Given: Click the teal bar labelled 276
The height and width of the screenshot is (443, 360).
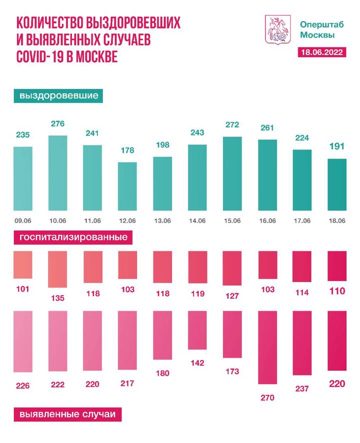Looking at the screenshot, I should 57,173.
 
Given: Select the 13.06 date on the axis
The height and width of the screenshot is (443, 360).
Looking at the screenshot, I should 162,220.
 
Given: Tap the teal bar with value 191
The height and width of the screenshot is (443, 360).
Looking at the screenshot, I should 336,185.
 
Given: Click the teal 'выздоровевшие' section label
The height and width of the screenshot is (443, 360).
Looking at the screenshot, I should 58,95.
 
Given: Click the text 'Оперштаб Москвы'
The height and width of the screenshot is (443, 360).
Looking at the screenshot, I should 317,29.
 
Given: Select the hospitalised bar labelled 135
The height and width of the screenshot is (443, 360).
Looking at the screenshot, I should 57,269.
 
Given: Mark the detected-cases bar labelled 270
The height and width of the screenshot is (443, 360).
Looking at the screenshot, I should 267,347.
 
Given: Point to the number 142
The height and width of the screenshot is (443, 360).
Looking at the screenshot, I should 197,362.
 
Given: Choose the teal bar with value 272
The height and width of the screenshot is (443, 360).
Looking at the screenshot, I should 232,173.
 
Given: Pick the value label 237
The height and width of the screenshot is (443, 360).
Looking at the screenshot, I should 302,388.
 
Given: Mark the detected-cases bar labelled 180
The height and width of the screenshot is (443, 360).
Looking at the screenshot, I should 162,335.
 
